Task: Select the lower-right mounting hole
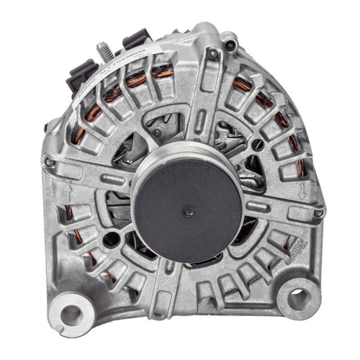tap(297, 295)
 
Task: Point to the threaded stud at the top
tap(102, 51)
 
